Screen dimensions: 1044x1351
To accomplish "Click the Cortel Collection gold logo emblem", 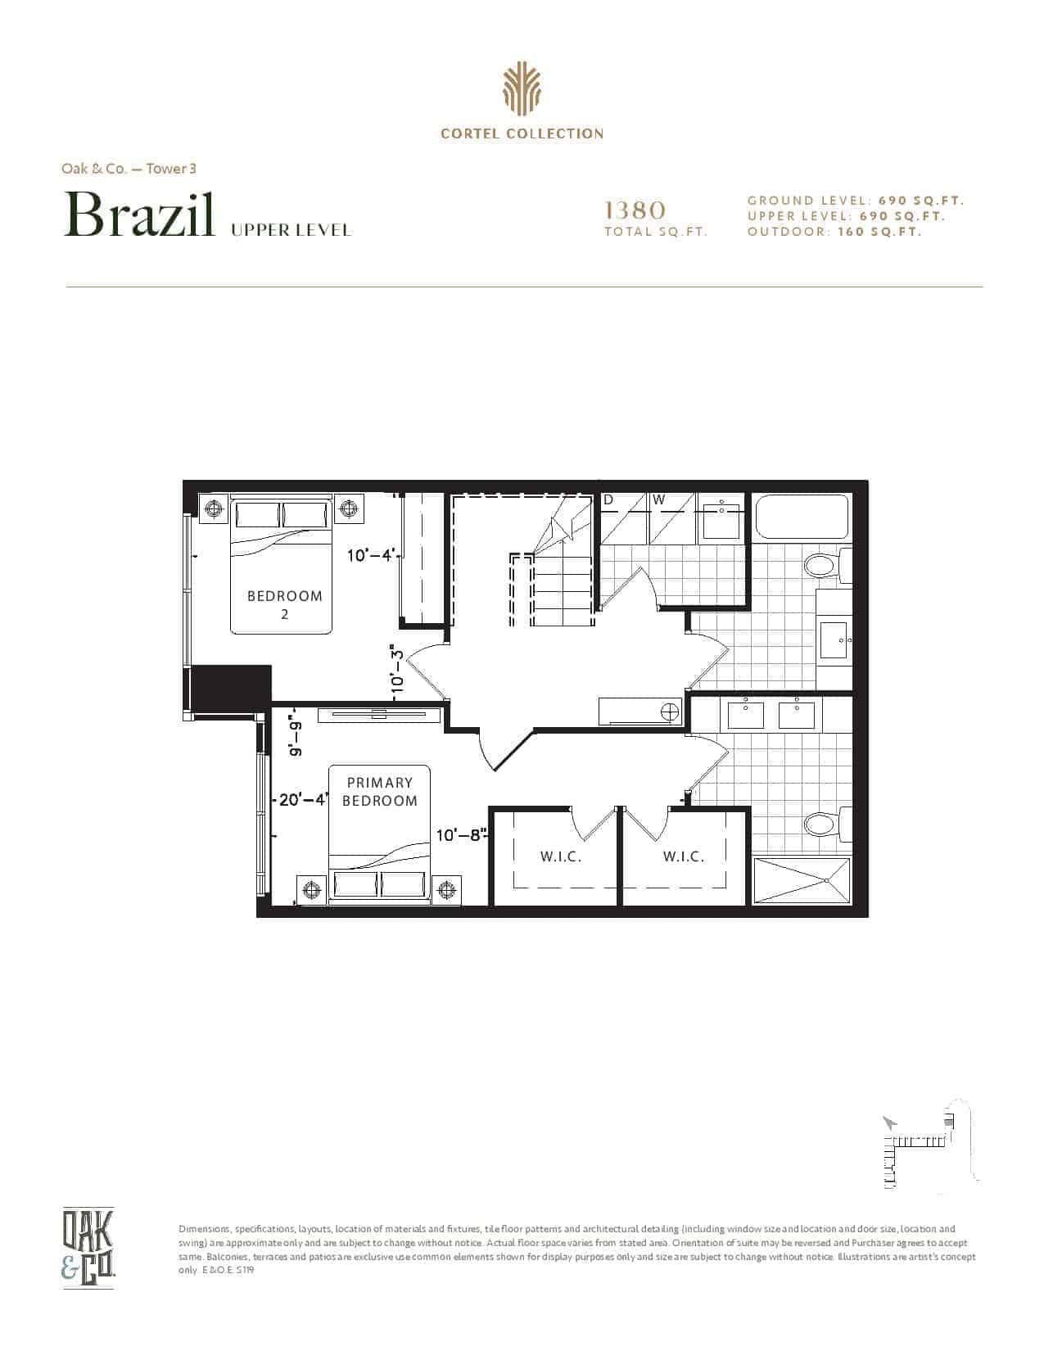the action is [x=522, y=89].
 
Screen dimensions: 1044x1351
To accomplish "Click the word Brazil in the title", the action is [x=140, y=215].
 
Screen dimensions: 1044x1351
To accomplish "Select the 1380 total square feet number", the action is [x=635, y=210].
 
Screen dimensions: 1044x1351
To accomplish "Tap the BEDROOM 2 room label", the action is [x=285, y=605].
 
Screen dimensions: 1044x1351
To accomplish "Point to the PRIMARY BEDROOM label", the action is [x=379, y=792].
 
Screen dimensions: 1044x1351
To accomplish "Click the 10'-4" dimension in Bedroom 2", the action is [x=372, y=554].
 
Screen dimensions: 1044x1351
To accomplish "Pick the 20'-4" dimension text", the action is [x=304, y=799].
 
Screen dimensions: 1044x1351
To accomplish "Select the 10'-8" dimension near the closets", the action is [x=461, y=835].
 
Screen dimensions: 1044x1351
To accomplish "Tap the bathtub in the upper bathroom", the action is [x=802, y=517].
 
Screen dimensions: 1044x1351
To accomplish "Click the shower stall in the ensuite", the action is [x=802, y=880].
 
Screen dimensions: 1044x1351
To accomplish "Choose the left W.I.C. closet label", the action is [x=560, y=856].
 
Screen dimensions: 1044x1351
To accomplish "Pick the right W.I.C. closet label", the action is [x=684, y=856].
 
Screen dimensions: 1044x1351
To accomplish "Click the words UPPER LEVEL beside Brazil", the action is [x=291, y=231].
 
